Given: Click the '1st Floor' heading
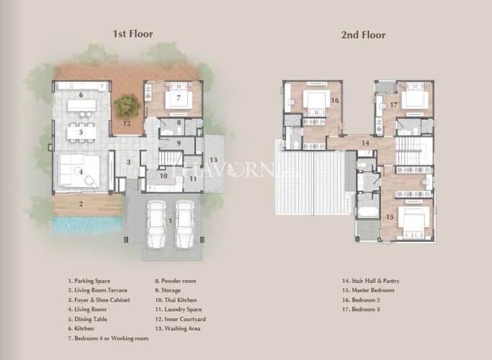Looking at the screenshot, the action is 133,34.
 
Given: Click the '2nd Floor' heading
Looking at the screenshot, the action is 363,35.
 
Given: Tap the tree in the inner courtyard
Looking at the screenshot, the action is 128,106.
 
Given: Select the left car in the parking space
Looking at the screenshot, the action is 156,224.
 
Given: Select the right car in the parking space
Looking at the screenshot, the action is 185,224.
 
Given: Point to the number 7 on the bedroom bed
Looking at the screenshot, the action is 179,98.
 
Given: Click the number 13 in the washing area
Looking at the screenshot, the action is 213,160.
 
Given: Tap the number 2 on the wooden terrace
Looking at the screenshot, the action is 81,204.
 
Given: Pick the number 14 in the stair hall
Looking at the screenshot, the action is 365,143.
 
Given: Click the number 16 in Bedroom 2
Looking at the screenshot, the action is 335,100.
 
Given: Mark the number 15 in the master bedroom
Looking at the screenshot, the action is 390,217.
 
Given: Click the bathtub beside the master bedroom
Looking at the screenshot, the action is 368,212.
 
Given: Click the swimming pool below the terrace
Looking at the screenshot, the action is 87,225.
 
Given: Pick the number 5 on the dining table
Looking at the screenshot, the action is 81,132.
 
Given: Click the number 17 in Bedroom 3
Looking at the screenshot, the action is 393,104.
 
